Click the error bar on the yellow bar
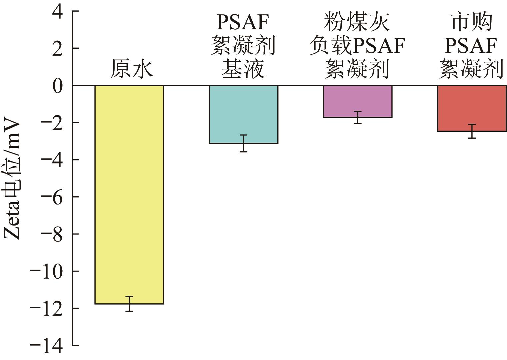click(129, 304)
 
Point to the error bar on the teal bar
click(244, 143)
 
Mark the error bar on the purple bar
click(358, 117)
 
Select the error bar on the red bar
click(472, 131)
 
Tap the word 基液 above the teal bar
click(243, 69)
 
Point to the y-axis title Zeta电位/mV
click(13, 180)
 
